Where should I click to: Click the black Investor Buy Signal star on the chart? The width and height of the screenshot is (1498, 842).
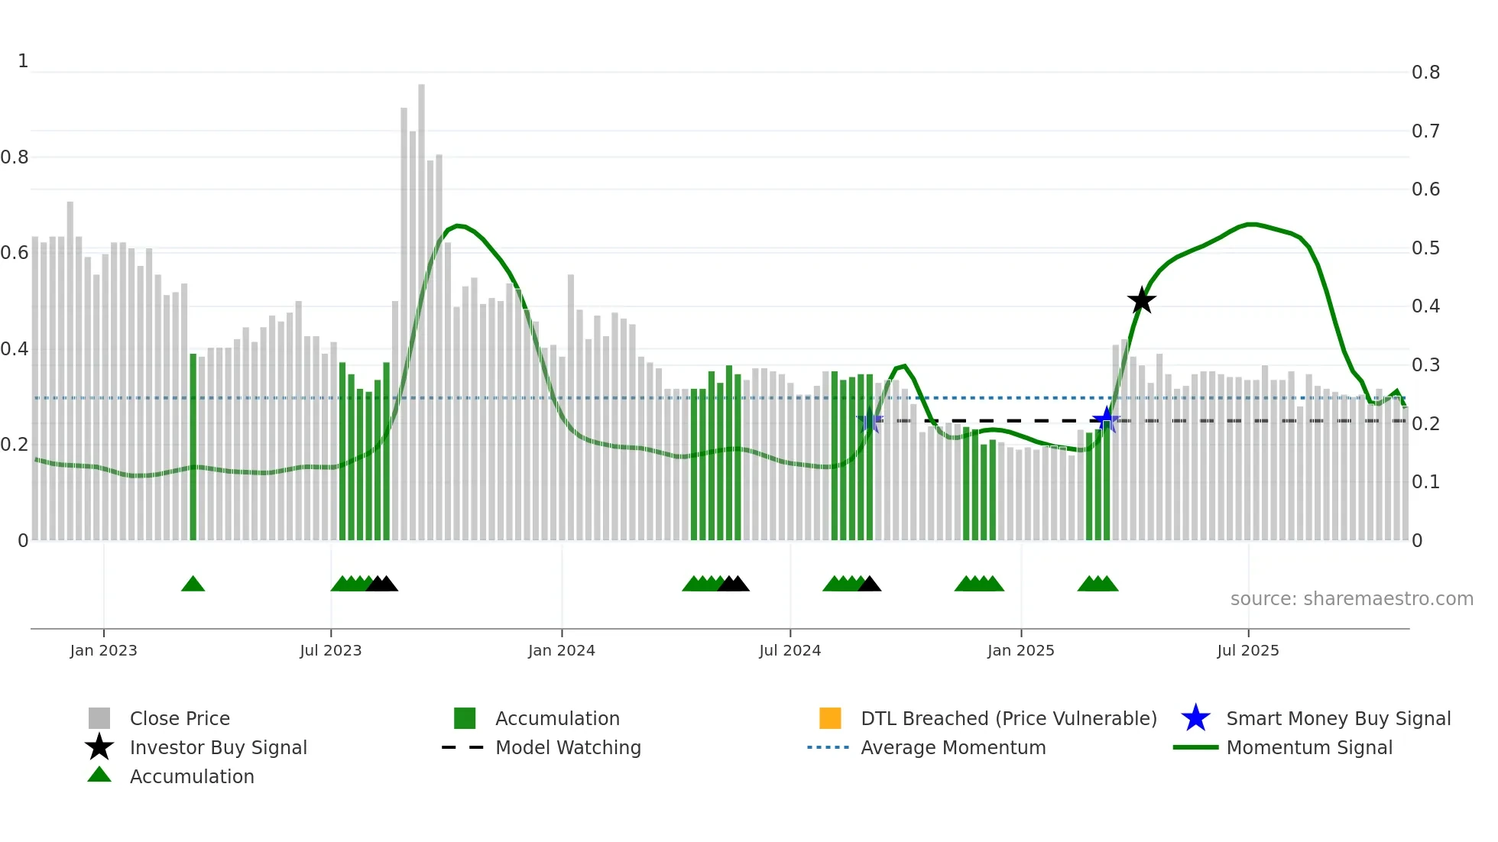[1141, 301]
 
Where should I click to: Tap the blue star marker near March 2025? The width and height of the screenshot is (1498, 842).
[1106, 420]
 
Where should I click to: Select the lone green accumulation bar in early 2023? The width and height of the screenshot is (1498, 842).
[193, 447]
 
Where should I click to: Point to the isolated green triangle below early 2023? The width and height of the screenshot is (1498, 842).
[193, 585]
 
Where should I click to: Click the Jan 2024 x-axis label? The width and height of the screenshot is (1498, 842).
[561, 651]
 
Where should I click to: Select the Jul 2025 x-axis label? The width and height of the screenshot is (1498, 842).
[1247, 651]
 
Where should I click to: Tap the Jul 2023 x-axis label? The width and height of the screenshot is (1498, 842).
[330, 651]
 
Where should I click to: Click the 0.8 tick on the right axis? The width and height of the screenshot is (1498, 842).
[1425, 73]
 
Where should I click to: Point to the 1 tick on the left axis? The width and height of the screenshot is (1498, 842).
[23, 61]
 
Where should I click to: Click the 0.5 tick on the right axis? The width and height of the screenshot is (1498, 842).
[1425, 248]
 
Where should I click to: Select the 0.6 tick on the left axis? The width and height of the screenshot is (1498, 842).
[15, 253]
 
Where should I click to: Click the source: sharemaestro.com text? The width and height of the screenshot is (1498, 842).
[1351, 599]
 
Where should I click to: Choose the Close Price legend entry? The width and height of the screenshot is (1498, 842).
[180, 719]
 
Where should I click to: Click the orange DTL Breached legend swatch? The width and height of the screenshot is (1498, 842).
[830, 718]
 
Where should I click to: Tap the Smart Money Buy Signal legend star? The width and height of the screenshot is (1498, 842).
[1195, 718]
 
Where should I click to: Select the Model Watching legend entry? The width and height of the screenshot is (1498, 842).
[567, 748]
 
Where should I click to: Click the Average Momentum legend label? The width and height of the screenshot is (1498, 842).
[952, 748]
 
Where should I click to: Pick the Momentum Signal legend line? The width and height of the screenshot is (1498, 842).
[1195, 748]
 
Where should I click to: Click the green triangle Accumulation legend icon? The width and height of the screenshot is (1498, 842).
[99, 776]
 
